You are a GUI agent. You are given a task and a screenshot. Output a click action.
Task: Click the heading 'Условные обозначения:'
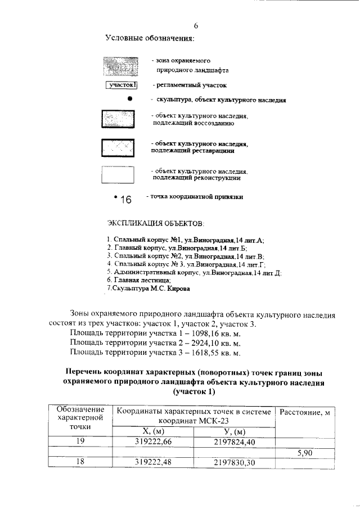point(150,38)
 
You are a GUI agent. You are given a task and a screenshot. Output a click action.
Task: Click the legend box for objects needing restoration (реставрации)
point(117,147)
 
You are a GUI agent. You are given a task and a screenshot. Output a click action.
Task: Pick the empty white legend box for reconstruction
point(117,174)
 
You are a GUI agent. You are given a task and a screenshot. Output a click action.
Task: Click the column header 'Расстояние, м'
point(304,413)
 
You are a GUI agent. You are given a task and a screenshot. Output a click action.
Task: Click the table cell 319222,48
point(154,462)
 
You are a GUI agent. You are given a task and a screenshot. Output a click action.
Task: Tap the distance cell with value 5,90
point(304,452)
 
